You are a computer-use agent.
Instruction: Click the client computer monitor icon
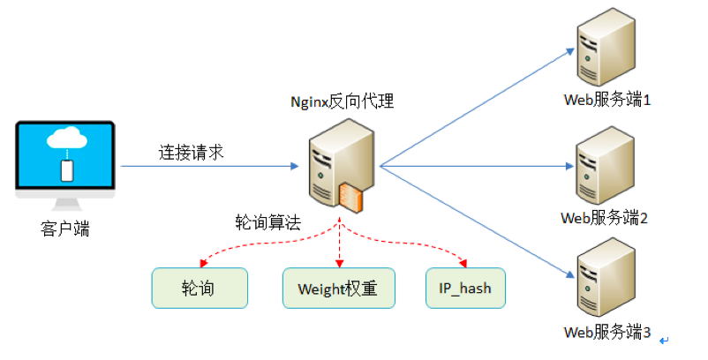click(66, 159)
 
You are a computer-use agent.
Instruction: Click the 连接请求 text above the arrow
click(192, 152)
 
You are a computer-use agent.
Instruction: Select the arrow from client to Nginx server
click(221, 166)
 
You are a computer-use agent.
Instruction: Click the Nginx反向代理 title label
click(342, 101)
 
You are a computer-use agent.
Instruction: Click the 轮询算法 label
click(268, 222)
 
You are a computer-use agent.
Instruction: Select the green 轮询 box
click(199, 288)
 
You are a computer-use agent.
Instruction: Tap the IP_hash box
click(465, 288)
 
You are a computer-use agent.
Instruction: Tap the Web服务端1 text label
click(606, 100)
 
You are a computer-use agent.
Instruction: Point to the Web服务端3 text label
click(606, 333)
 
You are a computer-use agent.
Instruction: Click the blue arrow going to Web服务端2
click(477, 166)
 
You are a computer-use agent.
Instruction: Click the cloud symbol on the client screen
click(66, 139)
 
